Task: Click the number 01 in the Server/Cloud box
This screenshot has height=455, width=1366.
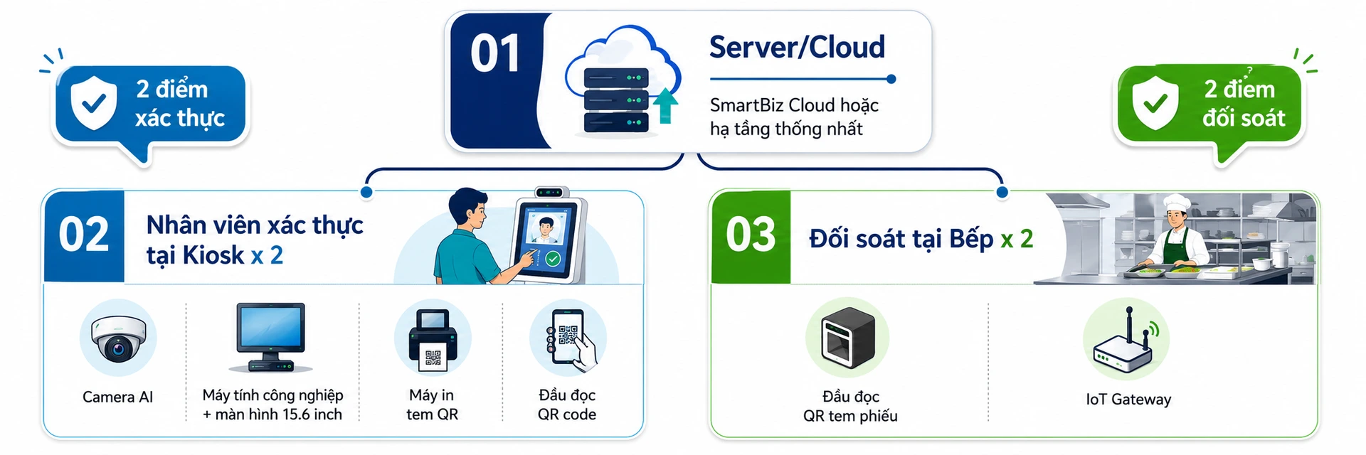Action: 495,54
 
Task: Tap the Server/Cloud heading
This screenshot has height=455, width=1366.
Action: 797,48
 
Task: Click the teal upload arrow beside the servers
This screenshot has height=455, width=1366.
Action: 665,106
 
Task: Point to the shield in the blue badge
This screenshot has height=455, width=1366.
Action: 94,102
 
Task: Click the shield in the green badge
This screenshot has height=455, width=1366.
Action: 1155,102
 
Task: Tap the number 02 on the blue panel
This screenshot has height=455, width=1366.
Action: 84,235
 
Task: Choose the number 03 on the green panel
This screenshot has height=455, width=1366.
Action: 751,235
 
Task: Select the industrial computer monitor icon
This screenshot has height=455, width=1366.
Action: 271,337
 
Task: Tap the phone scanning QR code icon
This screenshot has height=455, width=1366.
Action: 570,340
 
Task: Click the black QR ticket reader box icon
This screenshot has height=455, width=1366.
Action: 847,337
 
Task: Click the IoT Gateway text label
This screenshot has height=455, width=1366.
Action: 1128,400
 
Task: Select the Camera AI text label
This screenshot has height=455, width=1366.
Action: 118,397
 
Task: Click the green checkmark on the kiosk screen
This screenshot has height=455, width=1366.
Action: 554,259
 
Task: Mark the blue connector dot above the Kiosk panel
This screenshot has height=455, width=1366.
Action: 366,192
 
